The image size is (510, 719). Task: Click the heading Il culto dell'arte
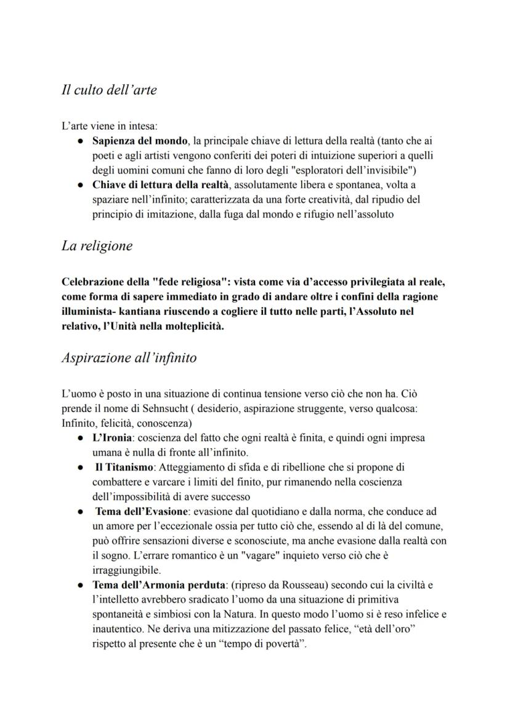click(x=109, y=90)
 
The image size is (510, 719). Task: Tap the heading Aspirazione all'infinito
click(x=129, y=357)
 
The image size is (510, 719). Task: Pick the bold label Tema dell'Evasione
click(x=140, y=512)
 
